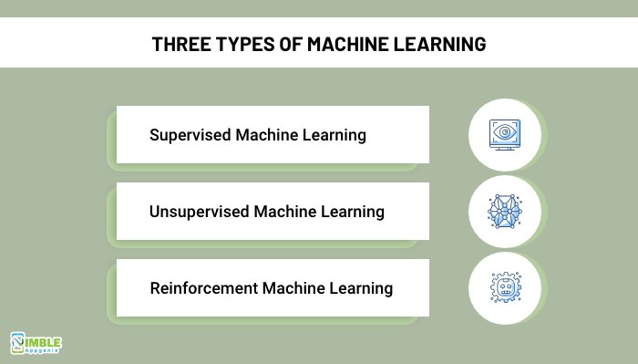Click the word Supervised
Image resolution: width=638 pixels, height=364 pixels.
[190, 135]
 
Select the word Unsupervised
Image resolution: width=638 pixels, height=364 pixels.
[200, 212]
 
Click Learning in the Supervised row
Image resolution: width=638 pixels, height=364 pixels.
[333, 135]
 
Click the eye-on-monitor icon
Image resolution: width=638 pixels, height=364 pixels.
[504, 135]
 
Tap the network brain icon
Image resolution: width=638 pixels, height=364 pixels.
[504, 212]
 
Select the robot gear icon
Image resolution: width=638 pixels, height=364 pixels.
[504, 288]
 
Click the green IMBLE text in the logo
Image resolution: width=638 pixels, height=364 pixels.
[48, 338]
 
